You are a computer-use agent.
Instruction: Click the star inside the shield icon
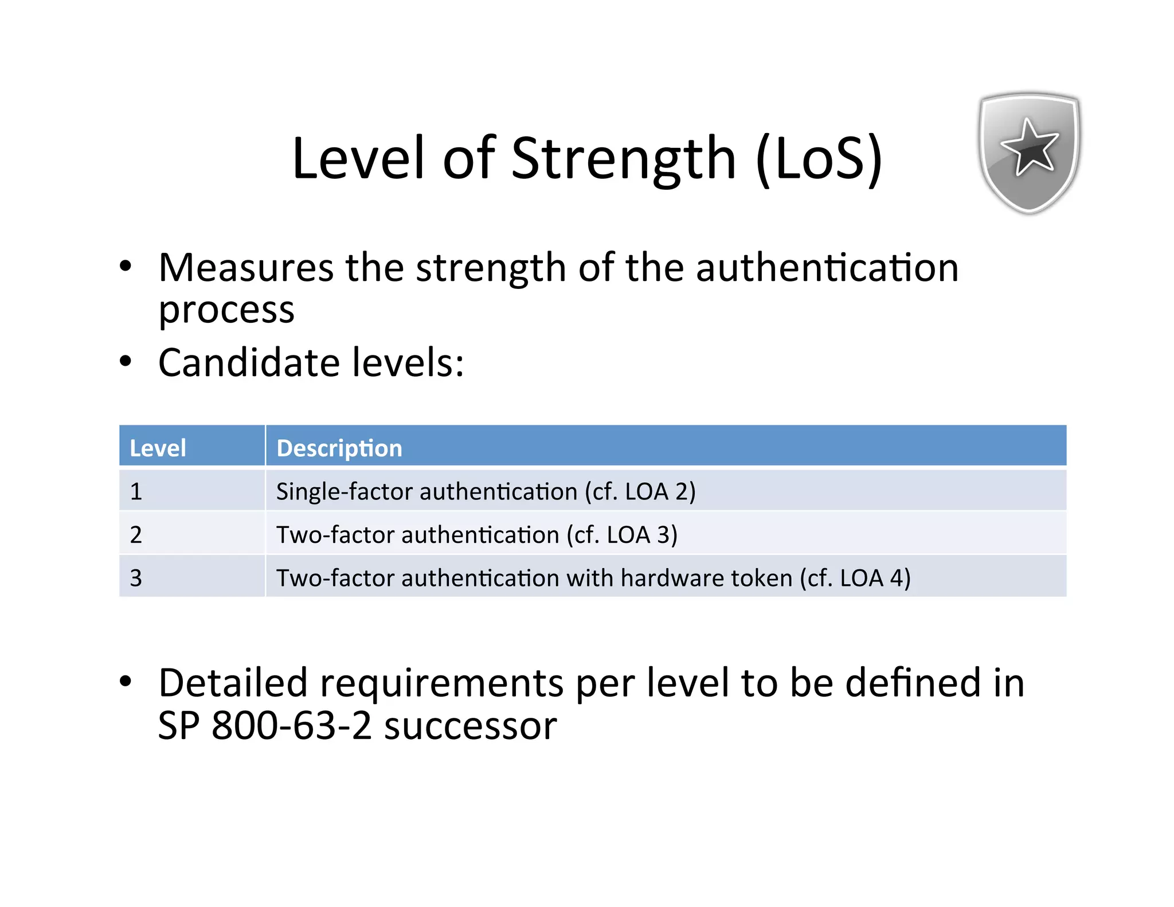(x=1030, y=147)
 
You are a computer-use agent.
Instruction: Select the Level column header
(x=158, y=448)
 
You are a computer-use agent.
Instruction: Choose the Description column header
(x=339, y=448)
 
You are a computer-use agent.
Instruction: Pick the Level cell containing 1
(x=136, y=491)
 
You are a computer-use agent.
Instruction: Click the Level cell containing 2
(x=136, y=534)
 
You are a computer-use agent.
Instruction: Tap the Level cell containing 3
(x=136, y=577)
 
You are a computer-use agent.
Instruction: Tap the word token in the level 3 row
(x=758, y=577)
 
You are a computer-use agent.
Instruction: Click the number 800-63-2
(x=292, y=725)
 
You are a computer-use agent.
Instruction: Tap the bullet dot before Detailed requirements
(x=126, y=682)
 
